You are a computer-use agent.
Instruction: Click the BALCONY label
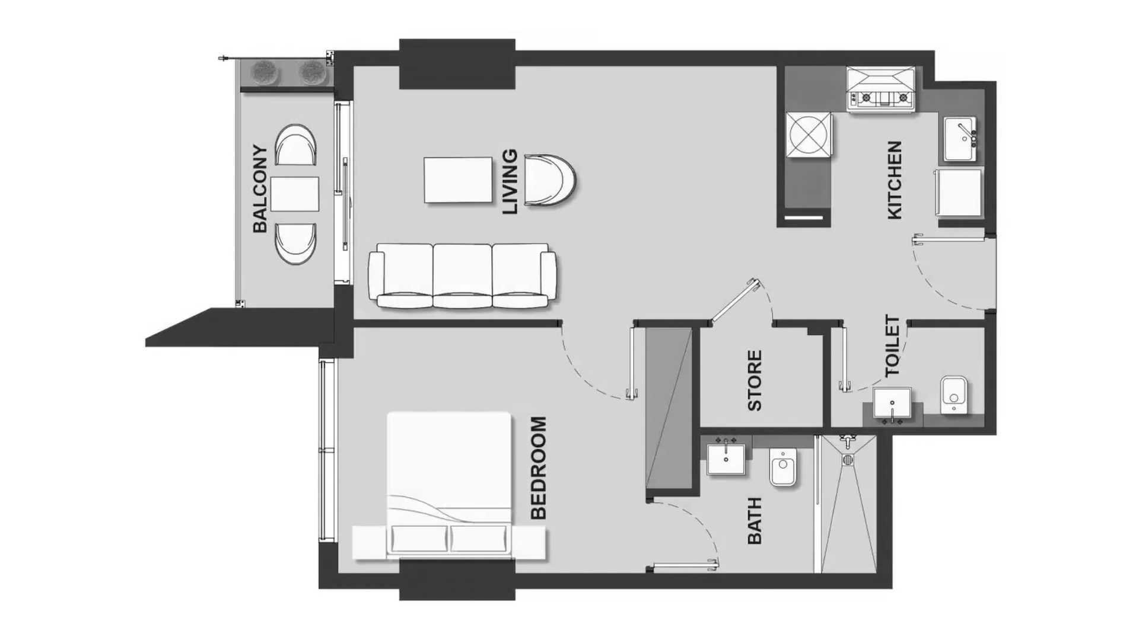[260, 188]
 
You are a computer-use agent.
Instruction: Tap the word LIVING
[510, 181]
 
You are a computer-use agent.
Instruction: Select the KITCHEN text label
[894, 180]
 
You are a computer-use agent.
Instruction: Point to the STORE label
[754, 380]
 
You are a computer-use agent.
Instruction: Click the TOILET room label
[892, 346]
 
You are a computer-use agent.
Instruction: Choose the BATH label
[754, 520]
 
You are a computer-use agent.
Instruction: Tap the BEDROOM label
[537, 468]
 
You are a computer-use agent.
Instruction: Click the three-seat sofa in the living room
[463, 276]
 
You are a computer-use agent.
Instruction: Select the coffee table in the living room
[458, 180]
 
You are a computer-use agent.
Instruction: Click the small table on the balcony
[295, 194]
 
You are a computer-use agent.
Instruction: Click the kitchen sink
[960, 139]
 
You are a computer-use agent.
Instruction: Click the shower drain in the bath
[848, 459]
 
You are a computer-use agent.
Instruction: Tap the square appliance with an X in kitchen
[809, 135]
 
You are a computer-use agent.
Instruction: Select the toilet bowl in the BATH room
[783, 468]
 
